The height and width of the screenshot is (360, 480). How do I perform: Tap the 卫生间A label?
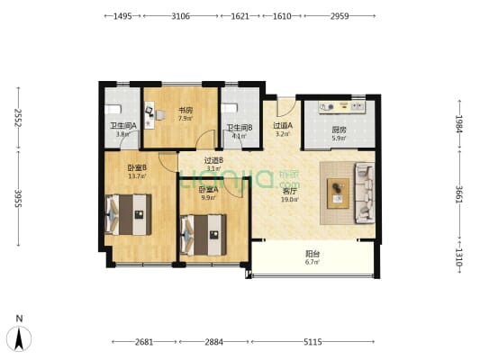point(122,126)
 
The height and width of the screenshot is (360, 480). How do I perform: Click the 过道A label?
point(282,126)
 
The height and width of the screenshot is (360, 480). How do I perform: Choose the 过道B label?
point(213,160)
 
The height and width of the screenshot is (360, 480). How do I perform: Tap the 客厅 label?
point(290,191)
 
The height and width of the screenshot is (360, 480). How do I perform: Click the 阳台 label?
point(312,255)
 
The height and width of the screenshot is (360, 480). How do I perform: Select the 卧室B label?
point(137,167)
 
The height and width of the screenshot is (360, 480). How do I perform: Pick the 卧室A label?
point(209,189)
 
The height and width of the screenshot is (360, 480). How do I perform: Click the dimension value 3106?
point(180,16)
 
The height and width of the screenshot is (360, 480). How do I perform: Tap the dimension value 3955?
point(16,199)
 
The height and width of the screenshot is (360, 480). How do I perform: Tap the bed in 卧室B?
point(128,214)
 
